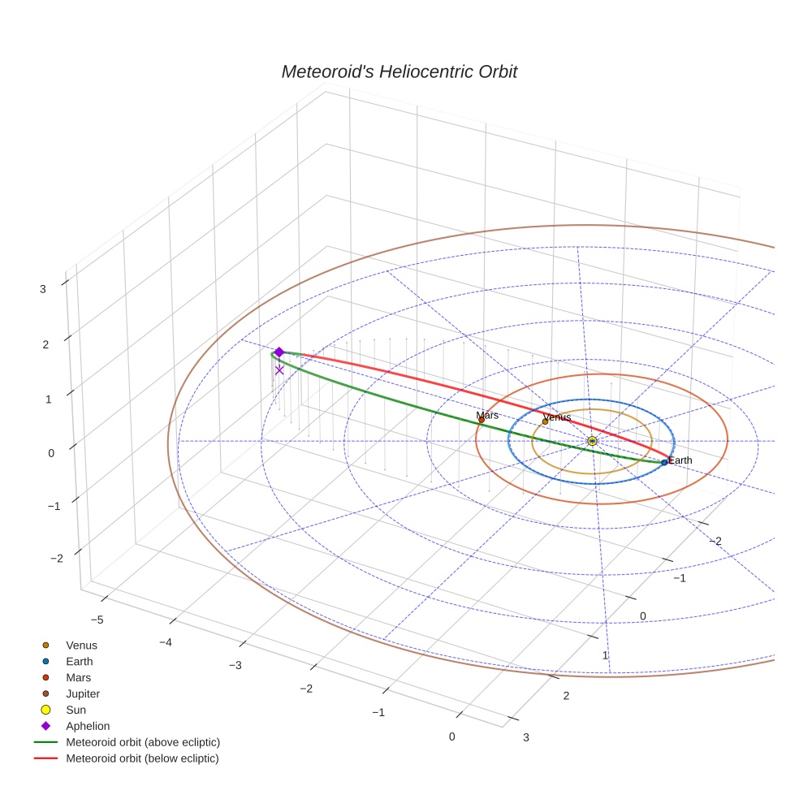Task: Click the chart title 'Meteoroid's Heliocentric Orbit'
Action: click(399, 71)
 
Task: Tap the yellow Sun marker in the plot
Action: click(592, 440)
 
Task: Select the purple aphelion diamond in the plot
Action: click(279, 352)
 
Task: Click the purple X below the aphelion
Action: click(279, 369)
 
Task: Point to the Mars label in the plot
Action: click(486, 415)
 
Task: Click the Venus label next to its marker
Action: click(557, 417)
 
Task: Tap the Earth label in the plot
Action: click(680, 460)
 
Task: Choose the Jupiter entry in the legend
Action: click(82, 693)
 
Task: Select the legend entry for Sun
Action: click(76, 710)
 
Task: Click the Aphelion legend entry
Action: click(87, 726)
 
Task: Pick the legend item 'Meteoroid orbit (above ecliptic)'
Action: click(142, 742)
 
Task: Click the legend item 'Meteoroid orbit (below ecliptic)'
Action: click(142, 758)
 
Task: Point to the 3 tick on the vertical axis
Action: click(42, 287)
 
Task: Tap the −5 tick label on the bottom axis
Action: click(97, 620)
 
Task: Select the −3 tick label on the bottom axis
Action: click(235, 665)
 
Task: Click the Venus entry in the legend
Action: click(81, 645)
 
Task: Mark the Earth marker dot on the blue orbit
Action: click(664, 462)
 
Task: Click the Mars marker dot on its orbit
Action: click(482, 420)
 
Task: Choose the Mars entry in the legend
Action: click(78, 677)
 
